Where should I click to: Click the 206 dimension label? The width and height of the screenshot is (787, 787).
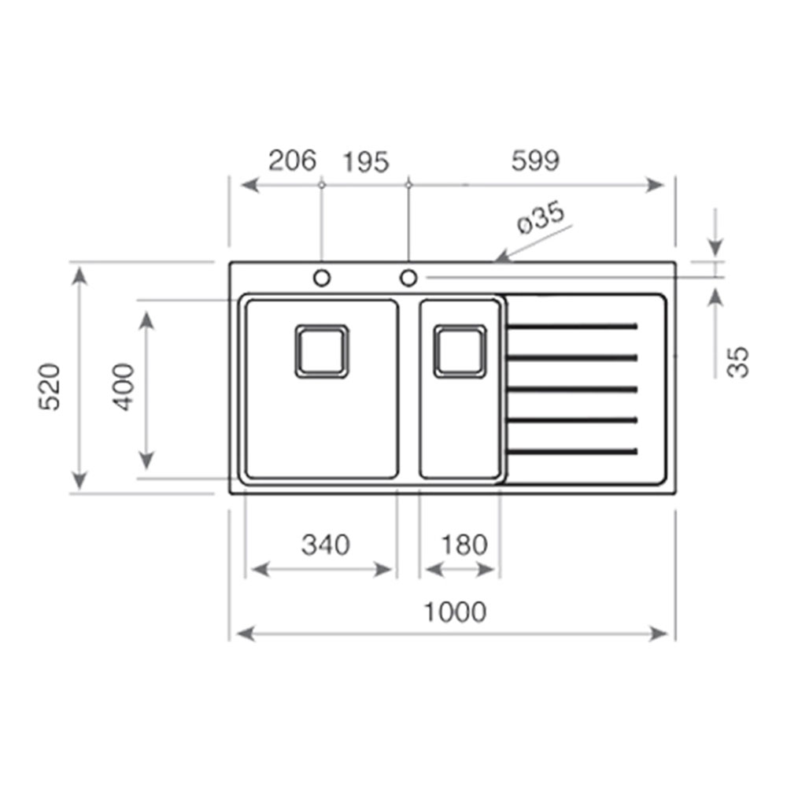[293, 161]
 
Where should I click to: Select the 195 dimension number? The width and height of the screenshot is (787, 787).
[366, 162]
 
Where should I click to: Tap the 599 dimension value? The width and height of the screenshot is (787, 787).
[535, 161]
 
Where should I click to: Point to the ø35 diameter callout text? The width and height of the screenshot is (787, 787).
[541, 218]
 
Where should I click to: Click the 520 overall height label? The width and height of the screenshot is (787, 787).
[50, 387]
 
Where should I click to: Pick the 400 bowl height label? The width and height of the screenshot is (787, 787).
[124, 387]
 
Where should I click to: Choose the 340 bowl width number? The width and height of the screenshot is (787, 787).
[325, 545]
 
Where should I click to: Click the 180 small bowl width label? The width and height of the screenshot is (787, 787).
[464, 545]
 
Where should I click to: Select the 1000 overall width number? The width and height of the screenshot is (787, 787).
[455, 612]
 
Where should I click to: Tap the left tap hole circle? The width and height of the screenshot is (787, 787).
[322, 278]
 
